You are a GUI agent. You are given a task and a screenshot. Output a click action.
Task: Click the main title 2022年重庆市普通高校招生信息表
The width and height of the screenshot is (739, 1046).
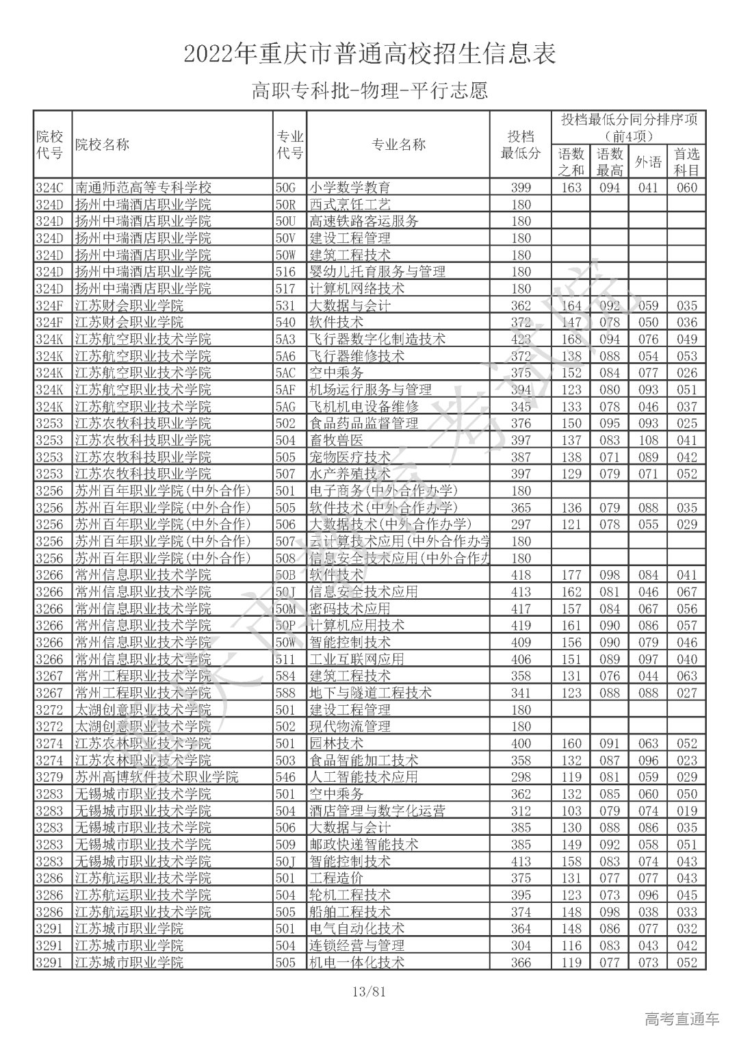369,53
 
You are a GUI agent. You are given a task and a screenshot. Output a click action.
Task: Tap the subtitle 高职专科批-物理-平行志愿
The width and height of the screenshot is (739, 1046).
369,90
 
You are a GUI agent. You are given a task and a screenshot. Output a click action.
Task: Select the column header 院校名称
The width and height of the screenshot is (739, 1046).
101,144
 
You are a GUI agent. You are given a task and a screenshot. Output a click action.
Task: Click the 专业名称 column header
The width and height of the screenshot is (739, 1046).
398,144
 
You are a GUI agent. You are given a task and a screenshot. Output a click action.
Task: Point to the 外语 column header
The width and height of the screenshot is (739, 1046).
648,162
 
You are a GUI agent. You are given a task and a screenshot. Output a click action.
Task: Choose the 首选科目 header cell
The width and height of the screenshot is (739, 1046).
687,162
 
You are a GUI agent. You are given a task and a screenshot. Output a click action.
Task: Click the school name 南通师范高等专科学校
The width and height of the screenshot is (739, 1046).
143,188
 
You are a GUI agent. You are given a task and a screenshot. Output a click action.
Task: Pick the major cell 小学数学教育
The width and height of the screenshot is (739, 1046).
350,188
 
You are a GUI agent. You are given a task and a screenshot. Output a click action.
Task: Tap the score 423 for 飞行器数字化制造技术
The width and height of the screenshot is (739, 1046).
521,339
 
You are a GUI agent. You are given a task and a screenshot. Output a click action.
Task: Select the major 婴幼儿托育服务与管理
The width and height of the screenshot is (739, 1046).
377,272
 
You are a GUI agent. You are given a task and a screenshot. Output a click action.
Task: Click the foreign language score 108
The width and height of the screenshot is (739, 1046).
648,440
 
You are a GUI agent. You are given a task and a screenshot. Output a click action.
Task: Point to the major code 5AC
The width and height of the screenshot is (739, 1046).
285,372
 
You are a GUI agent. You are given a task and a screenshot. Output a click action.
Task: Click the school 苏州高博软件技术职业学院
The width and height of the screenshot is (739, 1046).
157,777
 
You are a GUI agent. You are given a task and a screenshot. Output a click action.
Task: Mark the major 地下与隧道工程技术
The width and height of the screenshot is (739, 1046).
370,693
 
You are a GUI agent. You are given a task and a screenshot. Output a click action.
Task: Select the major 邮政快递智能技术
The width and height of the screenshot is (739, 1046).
363,844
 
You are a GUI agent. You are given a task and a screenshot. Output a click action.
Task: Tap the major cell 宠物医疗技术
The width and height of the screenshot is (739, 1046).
350,457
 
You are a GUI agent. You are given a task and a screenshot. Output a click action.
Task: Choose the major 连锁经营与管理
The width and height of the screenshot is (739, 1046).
356,945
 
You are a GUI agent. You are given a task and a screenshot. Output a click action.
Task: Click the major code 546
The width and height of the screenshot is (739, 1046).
285,777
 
